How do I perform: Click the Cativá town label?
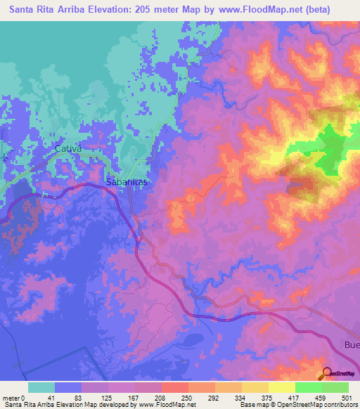point(69,149)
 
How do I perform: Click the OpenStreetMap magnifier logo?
point(328,373)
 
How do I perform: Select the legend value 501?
point(346,397)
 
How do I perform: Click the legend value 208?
point(160,397)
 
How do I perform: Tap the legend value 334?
point(240,397)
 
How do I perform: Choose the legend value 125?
point(108,397)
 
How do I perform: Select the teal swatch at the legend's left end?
point(41,387)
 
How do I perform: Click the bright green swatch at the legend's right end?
point(335,387)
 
